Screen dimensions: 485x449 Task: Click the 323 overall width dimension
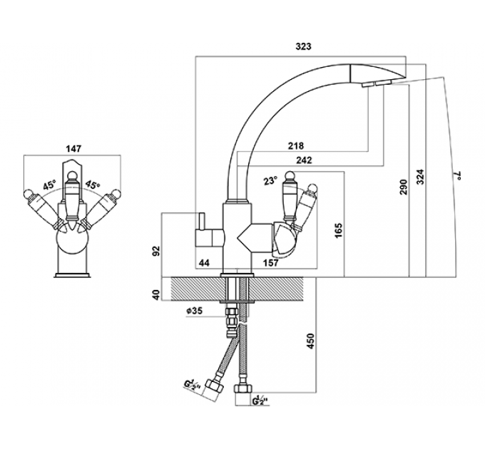point(303,46)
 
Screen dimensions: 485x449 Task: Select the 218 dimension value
point(296,145)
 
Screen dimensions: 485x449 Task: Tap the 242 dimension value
point(304,160)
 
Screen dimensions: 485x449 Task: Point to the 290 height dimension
point(404,187)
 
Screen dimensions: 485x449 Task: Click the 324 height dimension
point(420,177)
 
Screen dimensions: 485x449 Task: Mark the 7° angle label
point(457,175)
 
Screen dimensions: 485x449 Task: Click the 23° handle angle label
point(270,180)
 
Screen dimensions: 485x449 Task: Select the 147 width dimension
point(73,149)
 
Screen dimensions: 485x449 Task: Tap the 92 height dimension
point(158,251)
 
